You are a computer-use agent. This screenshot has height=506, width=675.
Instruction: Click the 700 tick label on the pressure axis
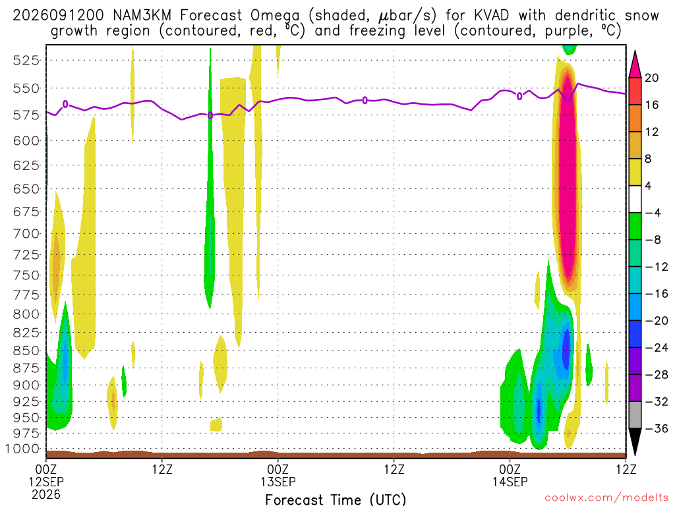(x=26, y=234)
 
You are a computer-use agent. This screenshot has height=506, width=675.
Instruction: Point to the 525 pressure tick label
(x=26, y=60)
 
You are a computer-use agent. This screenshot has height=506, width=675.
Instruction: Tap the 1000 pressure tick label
(x=22, y=449)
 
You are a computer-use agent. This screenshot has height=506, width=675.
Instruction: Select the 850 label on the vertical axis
(x=26, y=351)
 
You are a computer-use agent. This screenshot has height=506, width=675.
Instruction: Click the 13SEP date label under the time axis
(x=278, y=482)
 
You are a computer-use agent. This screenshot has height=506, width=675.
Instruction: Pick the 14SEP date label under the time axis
(x=510, y=482)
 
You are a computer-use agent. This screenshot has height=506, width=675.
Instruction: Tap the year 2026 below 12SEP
(x=46, y=494)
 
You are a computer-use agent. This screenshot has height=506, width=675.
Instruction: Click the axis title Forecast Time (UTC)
(x=336, y=499)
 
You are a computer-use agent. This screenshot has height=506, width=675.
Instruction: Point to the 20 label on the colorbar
(x=651, y=78)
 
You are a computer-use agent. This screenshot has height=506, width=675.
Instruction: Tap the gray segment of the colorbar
(x=635, y=415)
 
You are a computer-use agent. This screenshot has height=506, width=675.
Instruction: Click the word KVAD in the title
(x=491, y=16)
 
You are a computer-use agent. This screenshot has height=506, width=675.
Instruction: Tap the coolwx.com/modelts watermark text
(x=606, y=498)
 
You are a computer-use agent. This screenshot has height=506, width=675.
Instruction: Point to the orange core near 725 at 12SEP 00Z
(x=55, y=262)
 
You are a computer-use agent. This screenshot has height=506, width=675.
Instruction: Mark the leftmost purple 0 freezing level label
(x=65, y=104)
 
